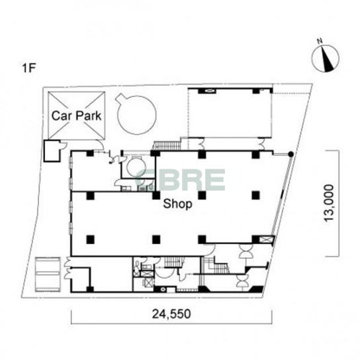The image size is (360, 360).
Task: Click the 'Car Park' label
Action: coord(77,116)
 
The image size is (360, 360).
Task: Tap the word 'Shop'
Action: coord(177,204)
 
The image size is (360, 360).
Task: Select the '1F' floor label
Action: coord(28,68)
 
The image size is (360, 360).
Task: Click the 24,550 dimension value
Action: coord(171,314)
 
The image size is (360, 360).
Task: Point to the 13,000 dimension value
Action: coord(329,202)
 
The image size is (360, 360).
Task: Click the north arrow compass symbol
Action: coord(326,58)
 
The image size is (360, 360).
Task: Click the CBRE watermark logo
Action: coord(180,180)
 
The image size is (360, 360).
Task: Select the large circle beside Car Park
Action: coord(136,114)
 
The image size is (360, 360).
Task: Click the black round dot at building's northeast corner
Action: coord(291,154)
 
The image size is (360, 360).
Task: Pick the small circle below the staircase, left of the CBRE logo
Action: coord(136,167)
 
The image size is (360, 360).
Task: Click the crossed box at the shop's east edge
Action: coord(266,240)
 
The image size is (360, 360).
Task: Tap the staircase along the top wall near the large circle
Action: coord(167,146)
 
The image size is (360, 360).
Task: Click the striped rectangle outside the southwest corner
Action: coord(48,275)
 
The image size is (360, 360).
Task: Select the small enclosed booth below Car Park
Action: coord(52,151)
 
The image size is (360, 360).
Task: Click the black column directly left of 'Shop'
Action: coord(156,195)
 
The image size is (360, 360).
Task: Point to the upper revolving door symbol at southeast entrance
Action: coord(246,251)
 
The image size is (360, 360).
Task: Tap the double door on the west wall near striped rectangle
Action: coord(68,268)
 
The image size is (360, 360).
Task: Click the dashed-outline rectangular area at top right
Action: coord(230,112)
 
